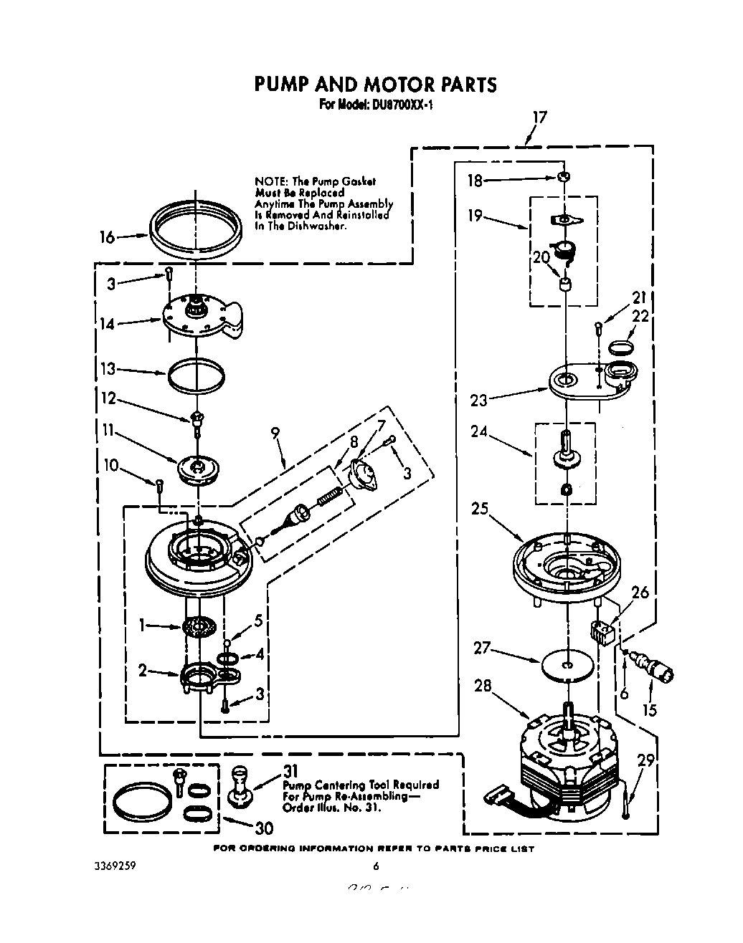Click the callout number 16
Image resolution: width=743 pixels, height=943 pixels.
click(107, 237)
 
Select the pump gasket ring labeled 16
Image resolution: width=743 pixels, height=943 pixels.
click(196, 228)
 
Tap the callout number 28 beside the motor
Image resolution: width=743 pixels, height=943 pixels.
click(483, 686)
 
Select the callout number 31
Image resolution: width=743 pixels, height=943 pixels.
click(290, 772)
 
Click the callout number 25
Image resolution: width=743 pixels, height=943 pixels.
click(481, 509)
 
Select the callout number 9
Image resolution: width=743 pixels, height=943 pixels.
click(275, 433)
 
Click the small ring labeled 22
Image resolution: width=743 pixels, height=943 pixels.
click(621, 349)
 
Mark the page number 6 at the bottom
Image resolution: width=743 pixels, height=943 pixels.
click(375, 866)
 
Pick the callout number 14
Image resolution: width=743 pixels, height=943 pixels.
click(107, 324)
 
